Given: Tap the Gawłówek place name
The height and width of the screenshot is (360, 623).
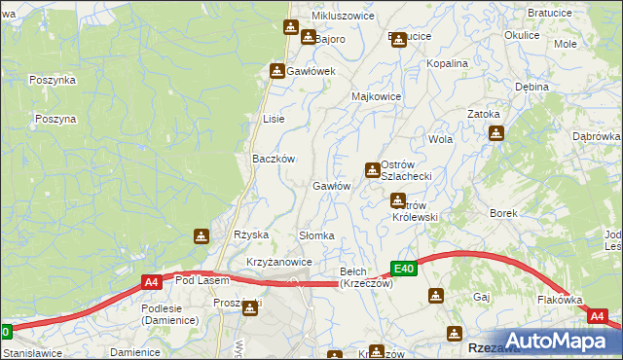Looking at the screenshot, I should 311,71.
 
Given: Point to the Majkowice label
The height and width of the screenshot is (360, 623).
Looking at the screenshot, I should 377,97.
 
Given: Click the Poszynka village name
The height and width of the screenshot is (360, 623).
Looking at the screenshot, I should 53,80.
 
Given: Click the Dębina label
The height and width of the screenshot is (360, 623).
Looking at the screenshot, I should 532,87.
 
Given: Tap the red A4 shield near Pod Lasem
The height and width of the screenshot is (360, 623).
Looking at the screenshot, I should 151,282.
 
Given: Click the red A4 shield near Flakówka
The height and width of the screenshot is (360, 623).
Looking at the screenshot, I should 598,316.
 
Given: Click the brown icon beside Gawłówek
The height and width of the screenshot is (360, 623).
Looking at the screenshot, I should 277,71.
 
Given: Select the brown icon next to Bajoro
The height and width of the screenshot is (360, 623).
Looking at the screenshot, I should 308,38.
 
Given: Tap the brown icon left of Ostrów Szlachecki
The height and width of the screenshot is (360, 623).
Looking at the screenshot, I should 372,171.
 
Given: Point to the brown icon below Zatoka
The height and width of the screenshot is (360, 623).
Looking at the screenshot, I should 495,133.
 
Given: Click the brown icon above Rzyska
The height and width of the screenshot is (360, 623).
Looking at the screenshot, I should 201,235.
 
